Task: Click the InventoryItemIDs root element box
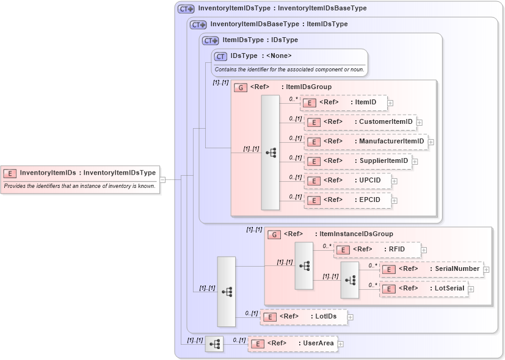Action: tap(80, 173)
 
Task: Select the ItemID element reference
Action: tap(344, 103)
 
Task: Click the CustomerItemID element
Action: tap(360, 122)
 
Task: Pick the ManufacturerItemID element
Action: tap(366, 142)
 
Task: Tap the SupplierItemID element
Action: tap(358, 161)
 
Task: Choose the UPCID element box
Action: tap(347, 181)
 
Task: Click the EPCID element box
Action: tap(347, 200)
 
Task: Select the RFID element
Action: tap(377, 250)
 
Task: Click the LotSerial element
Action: tap(424, 289)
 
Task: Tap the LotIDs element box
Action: tap(303, 317)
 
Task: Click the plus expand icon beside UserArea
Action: tap(341, 344)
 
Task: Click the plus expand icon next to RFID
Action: tap(424, 250)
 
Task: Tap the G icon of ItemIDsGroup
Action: tap(241, 87)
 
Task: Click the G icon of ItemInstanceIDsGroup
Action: tap(275, 234)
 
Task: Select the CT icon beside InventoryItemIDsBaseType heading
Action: tap(198, 24)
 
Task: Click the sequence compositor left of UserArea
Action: tap(214, 344)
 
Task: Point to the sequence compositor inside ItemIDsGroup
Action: tap(270, 153)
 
